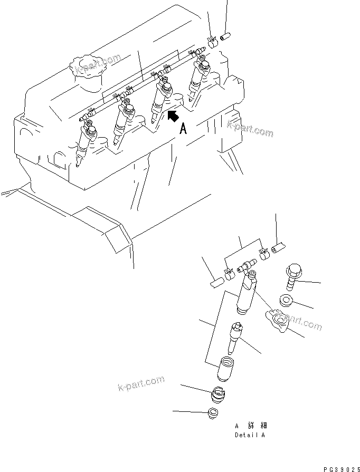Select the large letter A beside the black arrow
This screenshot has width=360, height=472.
tap(183, 128)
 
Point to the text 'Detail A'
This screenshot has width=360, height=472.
tap(250, 436)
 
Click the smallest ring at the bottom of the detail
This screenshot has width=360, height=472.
tap(214, 413)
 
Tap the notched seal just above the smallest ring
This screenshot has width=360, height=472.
tap(219, 394)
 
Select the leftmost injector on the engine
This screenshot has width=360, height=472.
tap(84, 145)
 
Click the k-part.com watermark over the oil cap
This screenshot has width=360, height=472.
tap(98, 65)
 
